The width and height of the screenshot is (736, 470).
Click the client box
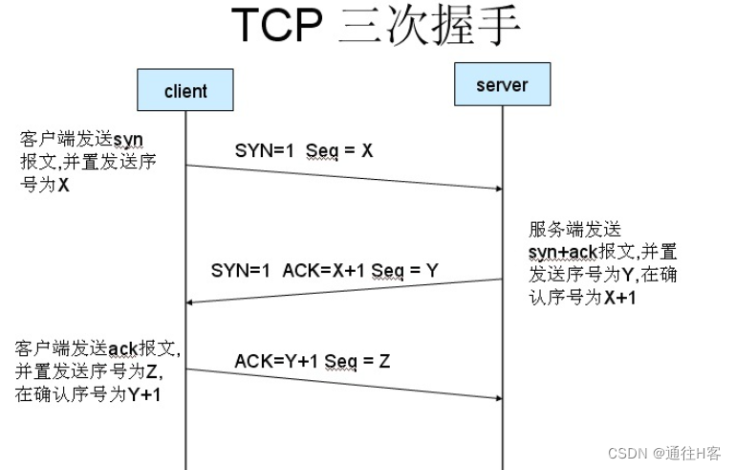click(x=185, y=91)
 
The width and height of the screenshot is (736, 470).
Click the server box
click(x=501, y=85)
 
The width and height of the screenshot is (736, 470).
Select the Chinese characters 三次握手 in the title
click(x=430, y=27)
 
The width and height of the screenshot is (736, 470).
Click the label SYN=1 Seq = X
click(x=303, y=150)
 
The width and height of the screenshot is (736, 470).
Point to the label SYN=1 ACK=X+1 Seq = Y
click(x=324, y=270)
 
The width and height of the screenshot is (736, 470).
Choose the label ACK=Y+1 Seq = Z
click(x=312, y=361)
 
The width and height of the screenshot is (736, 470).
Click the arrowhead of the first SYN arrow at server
click(x=497, y=189)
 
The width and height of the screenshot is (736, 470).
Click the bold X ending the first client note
click(x=63, y=185)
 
